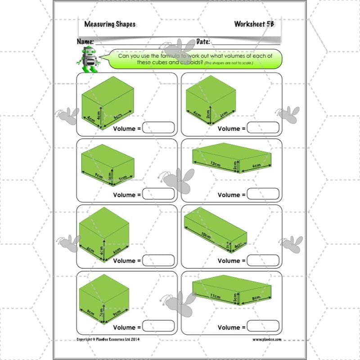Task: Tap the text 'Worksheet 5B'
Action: click(254, 24)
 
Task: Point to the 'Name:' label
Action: click(85, 41)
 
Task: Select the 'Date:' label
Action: click(203, 41)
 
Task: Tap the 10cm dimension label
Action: click(207, 235)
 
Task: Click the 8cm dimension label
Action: click(256, 297)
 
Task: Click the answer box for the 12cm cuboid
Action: click(263, 194)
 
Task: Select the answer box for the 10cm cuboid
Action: click(263, 260)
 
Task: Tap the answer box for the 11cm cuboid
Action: click(263, 326)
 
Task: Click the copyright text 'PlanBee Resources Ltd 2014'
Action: click(108, 339)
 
